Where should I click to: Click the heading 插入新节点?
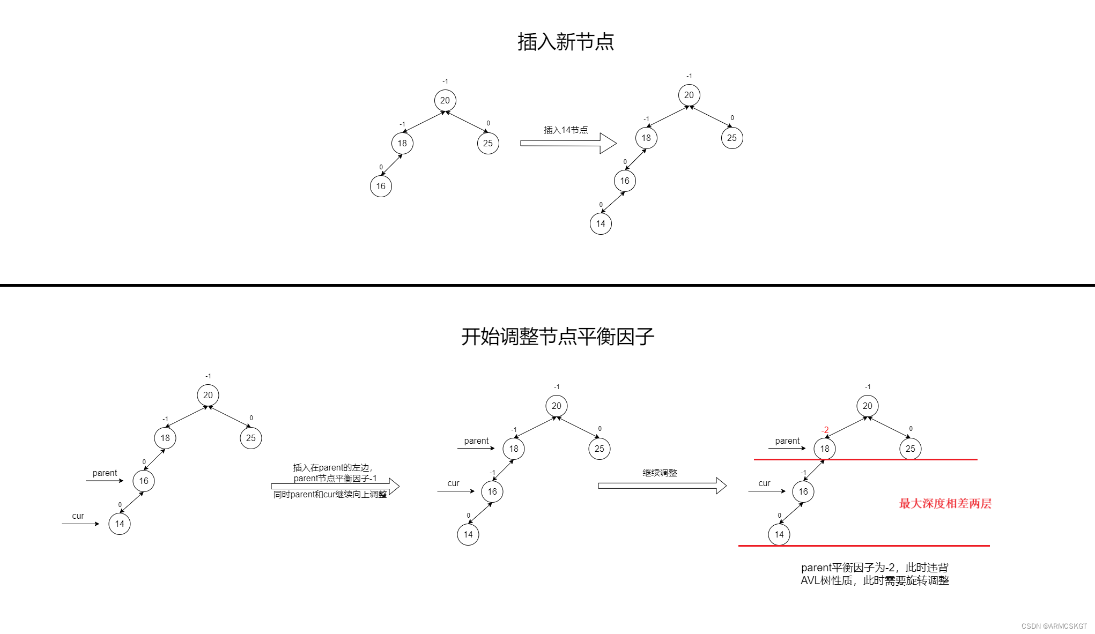tap(566, 42)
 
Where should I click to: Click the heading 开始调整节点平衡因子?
tap(558, 337)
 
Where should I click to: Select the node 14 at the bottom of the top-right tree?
tap(601, 223)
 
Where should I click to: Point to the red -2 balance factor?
tap(825, 430)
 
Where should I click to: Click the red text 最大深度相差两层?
tap(945, 503)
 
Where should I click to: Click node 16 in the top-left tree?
tap(381, 186)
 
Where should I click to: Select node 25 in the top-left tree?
tap(488, 143)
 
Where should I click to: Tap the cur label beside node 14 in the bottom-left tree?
tap(78, 516)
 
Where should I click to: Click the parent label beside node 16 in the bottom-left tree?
tap(105, 473)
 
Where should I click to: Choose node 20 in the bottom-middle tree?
tap(557, 406)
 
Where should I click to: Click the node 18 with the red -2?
tap(825, 449)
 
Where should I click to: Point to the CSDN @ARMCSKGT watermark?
tap(1054, 626)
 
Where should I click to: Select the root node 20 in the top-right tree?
tap(689, 95)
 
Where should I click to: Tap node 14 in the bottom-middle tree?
tap(468, 534)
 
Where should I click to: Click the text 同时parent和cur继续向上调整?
tap(330, 494)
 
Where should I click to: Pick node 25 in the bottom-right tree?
tap(911, 449)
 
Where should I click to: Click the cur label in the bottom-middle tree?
tap(453, 483)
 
